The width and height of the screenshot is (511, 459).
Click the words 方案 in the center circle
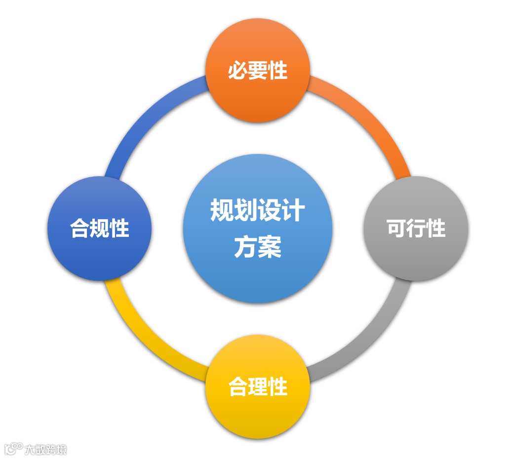[x=257, y=247]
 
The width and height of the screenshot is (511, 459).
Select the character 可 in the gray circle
[x=396, y=229]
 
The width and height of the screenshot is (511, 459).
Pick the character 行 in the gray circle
[x=416, y=229]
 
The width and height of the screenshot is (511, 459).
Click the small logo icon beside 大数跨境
[x=13, y=448]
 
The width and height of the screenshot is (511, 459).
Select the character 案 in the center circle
[x=270, y=247]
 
